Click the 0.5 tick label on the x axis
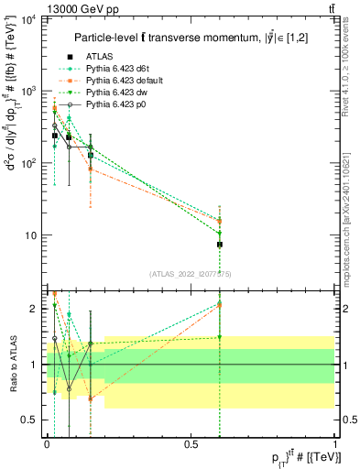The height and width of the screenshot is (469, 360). [191, 444]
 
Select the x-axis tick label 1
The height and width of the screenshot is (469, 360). [336, 444]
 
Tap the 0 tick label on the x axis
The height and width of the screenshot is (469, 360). [47, 444]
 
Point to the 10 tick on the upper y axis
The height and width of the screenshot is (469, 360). [28, 235]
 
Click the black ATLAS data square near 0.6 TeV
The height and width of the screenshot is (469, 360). [220, 245]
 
